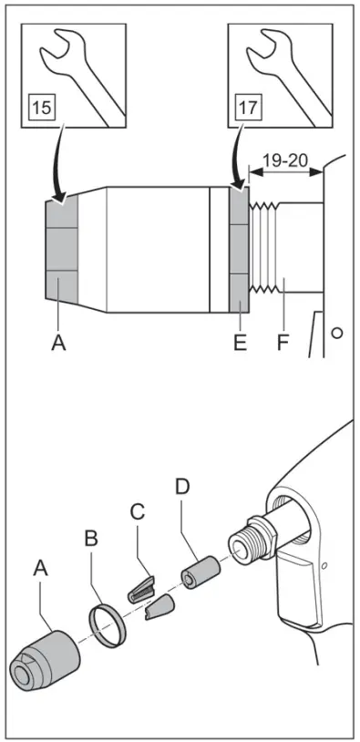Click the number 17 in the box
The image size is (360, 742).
click(247, 107)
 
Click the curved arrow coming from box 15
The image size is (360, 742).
click(57, 164)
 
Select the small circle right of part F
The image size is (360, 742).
click(337, 333)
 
